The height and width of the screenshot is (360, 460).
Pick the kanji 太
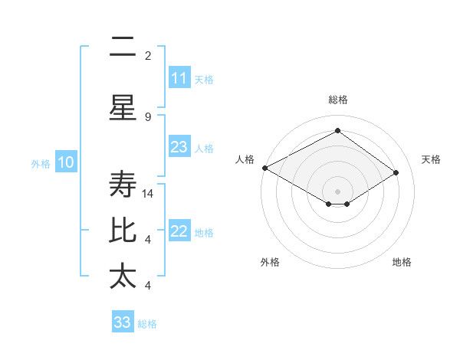click(123, 277)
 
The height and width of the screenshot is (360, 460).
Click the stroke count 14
click(149, 194)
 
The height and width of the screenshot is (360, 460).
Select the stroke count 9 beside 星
click(148, 116)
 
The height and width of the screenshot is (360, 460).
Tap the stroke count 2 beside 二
click(148, 55)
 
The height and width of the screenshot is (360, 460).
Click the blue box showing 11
click(179, 77)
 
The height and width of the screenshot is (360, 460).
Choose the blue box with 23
click(179, 147)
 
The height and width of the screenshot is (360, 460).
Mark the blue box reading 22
click(179, 231)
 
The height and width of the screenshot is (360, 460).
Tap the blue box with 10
click(66, 162)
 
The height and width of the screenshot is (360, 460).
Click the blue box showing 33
click(122, 322)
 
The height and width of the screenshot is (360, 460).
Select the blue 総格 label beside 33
click(147, 324)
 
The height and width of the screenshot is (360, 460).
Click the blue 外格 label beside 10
click(41, 163)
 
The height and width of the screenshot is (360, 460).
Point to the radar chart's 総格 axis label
click(337, 100)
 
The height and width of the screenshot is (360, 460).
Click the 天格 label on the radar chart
click(432, 159)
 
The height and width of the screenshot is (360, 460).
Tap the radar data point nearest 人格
click(264, 168)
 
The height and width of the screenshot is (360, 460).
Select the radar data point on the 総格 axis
click(337, 131)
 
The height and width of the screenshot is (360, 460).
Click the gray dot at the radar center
click(337, 191)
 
